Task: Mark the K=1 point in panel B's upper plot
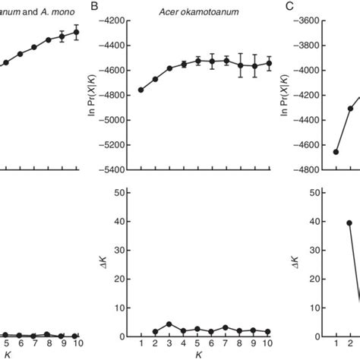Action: (141, 90)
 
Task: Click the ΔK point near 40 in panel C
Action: (349, 223)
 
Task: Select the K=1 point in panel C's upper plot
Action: (336, 152)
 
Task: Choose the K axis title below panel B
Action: (197, 354)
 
